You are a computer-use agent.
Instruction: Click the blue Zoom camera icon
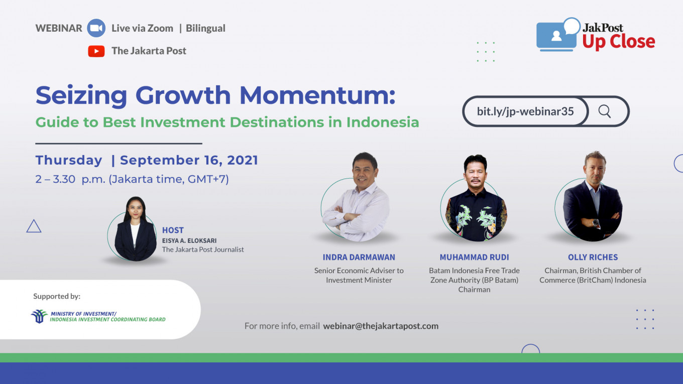[x=96, y=28]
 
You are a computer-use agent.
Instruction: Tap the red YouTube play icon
[x=96, y=51]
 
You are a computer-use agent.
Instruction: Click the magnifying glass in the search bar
[x=604, y=111]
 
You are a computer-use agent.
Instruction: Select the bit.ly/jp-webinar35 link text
[x=525, y=111]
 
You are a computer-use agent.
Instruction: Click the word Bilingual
[x=205, y=28]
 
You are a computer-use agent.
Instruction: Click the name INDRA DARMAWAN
[x=359, y=257]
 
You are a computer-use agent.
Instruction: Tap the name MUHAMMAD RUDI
[x=474, y=257]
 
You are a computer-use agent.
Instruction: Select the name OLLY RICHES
[x=593, y=257]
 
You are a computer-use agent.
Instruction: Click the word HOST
[x=173, y=230]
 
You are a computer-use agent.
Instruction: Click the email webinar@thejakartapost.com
[x=381, y=326]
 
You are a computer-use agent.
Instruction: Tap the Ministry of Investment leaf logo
[x=39, y=316]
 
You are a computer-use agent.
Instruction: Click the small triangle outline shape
[x=34, y=226]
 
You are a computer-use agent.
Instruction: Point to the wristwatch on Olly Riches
[x=596, y=223]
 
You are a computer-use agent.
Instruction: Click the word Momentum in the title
[x=317, y=96]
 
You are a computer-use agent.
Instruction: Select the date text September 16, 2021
[x=189, y=160]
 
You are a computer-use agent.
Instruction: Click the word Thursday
[x=69, y=160]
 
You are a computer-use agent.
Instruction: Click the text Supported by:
[x=57, y=296]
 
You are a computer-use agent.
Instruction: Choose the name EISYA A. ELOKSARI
[x=189, y=241]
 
